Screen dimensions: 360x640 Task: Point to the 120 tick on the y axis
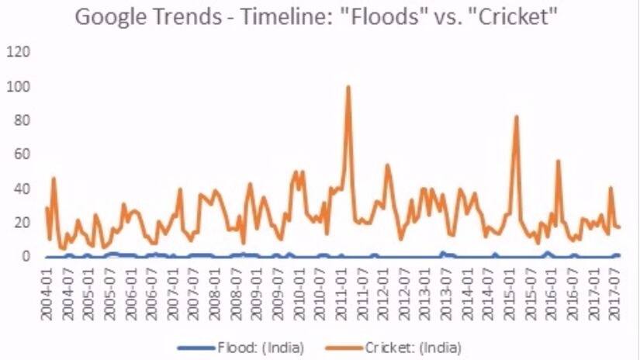(x=19, y=52)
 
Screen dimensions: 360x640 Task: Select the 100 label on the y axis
(x=19, y=86)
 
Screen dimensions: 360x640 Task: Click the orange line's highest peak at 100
(x=348, y=87)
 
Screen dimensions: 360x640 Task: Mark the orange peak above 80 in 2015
(x=516, y=117)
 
